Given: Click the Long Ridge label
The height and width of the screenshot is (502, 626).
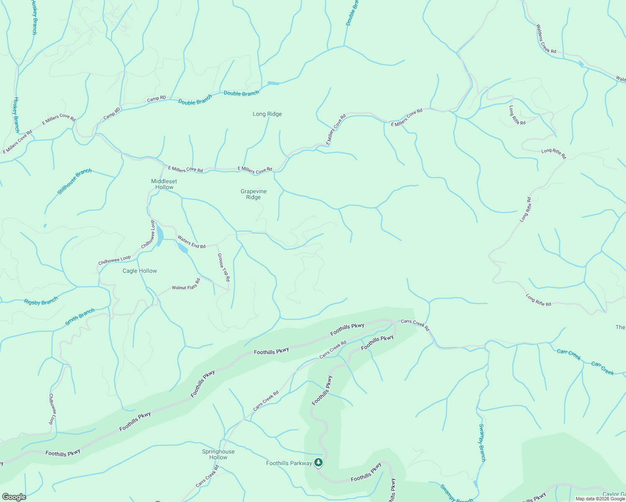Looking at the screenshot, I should (267, 114).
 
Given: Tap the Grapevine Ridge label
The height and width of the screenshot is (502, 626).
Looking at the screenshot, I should (254, 194).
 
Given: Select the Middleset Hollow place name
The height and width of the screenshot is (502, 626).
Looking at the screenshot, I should (164, 184).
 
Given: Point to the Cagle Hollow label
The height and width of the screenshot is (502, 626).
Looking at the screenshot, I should (140, 271).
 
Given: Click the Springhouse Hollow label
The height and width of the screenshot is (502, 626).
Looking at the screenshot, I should (218, 454).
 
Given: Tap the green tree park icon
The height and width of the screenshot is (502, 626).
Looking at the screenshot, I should (319, 462).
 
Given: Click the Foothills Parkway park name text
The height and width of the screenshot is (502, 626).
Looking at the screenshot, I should (289, 463).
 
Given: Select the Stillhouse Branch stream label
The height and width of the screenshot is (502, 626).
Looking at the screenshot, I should (74, 182).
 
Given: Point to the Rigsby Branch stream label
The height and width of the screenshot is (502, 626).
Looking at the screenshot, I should (41, 301).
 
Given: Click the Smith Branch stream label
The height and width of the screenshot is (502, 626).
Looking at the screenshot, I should (80, 317).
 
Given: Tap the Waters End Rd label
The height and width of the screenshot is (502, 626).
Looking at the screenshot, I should (191, 242).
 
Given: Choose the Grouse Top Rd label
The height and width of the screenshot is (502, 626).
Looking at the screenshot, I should (223, 267).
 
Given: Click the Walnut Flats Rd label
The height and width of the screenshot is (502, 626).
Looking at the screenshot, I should (186, 284).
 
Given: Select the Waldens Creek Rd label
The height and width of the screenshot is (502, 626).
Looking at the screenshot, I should (546, 39).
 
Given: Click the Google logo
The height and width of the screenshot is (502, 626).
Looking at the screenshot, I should (14, 497).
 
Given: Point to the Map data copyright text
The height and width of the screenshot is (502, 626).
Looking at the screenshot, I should (600, 499).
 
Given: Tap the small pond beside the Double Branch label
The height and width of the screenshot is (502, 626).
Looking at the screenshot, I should (273, 83).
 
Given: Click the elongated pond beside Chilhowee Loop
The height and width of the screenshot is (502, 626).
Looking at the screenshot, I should (160, 237).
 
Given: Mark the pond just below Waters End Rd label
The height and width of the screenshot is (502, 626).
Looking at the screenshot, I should (183, 249).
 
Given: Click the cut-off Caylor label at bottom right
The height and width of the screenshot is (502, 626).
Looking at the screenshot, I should (614, 494).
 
